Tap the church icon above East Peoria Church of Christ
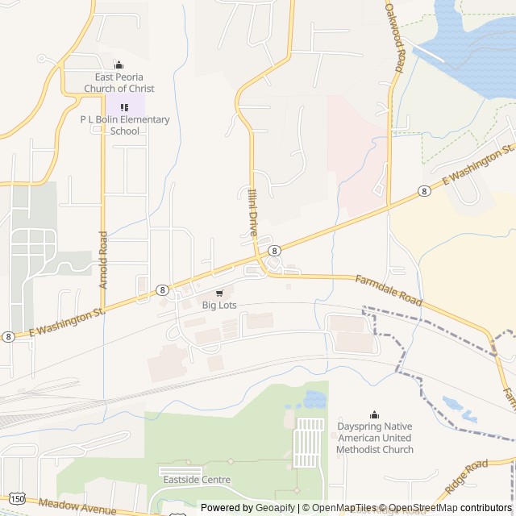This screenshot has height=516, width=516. [119, 65]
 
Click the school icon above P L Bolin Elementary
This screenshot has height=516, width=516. [124, 106]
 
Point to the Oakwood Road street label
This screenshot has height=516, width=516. [393, 37]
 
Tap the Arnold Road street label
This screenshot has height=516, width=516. [103, 260]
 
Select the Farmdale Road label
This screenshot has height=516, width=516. [388, 290]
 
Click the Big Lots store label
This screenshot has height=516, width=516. [219, 305]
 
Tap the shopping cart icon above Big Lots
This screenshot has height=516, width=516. [219, 293]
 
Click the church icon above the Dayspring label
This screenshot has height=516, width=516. [374, 414]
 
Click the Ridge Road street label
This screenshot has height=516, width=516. [467, 478]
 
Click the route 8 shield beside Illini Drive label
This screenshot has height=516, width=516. [274, 251]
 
